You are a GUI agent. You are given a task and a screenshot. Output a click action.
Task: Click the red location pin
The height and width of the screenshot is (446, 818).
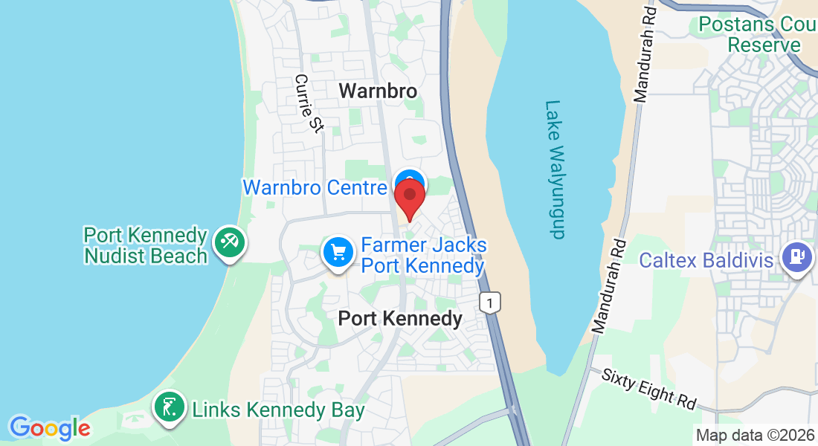409,196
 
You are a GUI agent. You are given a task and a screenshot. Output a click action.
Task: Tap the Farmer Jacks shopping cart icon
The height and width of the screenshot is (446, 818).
338,253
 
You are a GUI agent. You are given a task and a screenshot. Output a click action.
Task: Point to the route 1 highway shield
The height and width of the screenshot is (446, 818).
489,303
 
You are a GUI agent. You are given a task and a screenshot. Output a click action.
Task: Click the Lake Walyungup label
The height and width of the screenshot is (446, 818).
555,169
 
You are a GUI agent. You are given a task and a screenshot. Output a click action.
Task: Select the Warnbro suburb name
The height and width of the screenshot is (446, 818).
378,91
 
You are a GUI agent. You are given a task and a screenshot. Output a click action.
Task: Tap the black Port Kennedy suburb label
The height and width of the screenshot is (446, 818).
400,319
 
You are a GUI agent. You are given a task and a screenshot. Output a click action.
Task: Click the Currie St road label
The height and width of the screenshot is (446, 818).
309,103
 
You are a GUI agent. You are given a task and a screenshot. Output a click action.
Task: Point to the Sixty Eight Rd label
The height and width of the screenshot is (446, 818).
649,389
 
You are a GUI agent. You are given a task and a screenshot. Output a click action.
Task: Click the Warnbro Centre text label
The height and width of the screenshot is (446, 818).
315,187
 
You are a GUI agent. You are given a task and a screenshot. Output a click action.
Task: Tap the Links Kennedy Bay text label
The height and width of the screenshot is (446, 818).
278,410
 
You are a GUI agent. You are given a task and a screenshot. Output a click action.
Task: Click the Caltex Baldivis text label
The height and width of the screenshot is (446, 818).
707,261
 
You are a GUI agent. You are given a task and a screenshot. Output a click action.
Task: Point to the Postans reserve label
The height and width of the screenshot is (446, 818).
755,34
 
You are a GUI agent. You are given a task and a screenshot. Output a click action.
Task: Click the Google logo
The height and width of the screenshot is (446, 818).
50,428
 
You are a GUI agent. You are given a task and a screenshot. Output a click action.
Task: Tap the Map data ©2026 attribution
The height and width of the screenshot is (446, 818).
754,435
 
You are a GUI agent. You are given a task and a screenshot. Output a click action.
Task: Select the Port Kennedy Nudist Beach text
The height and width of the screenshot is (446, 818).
145,245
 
